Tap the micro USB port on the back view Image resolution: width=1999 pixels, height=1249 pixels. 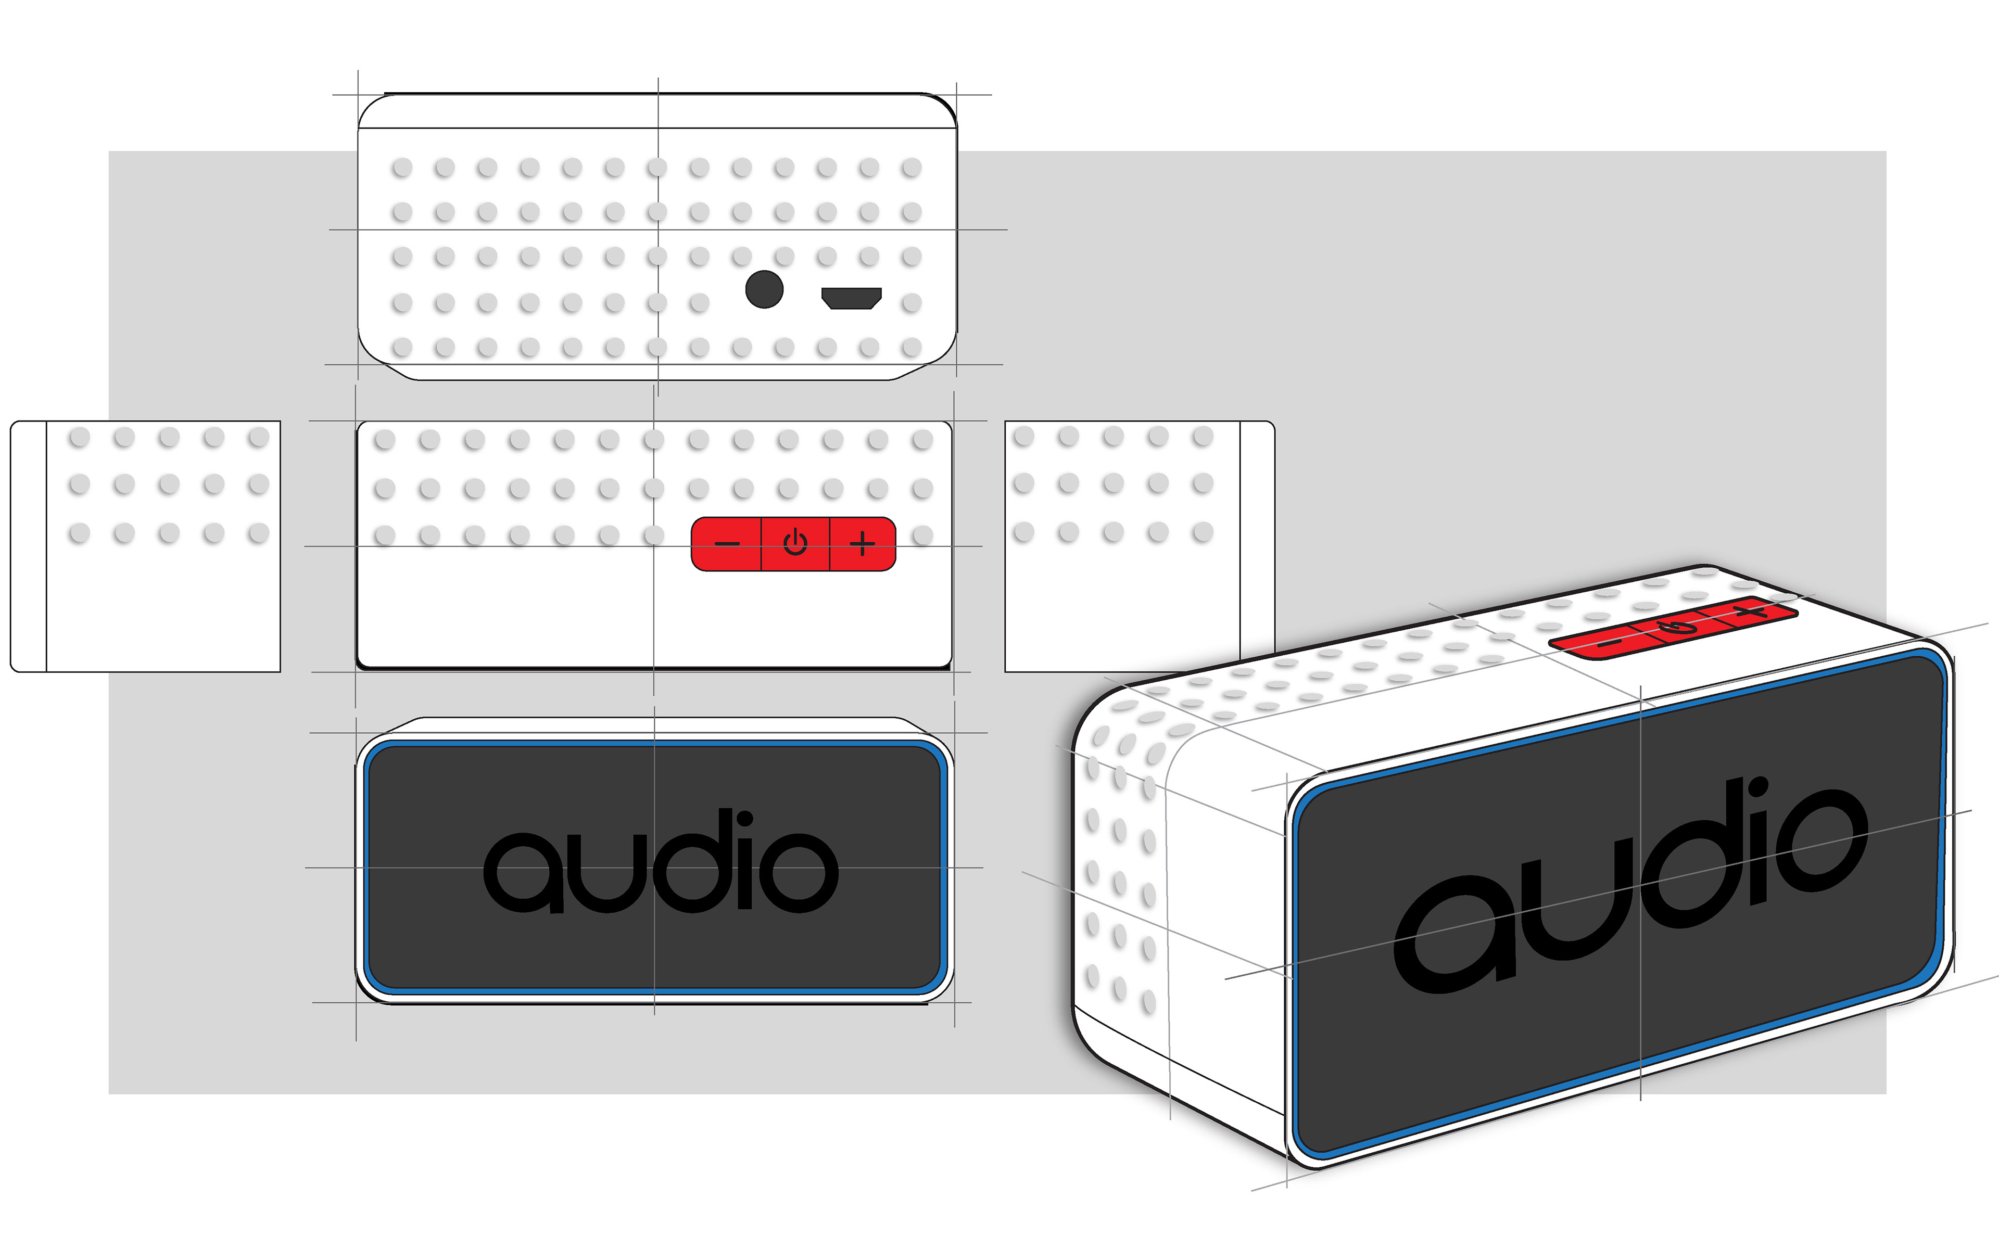[x=851, y=297]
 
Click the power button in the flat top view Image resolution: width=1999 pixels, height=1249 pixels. [x=794, y=543]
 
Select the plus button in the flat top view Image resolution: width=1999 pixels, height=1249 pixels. [x=863, y=543]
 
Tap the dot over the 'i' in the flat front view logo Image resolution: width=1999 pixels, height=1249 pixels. [x=744, y=820]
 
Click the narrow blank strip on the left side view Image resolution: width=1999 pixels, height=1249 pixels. [x=28, y=546]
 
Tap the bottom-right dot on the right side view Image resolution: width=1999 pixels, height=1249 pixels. [x=1203, y=532]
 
